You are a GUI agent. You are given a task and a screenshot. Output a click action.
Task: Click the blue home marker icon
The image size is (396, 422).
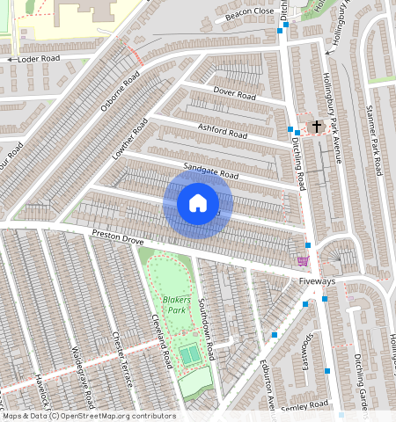coord(198,204)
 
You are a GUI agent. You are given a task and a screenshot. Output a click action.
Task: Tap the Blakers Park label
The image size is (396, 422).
coord(176,304)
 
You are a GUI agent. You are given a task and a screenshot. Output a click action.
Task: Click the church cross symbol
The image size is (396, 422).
coord(317,127)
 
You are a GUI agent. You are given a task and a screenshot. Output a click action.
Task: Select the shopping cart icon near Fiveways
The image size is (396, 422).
coord(304,261)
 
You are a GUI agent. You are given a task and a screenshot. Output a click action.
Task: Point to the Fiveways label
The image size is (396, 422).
coord(317,281)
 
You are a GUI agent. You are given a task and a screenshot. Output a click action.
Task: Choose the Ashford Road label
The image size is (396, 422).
coord(223,132)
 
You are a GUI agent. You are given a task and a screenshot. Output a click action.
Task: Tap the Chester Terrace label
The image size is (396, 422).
coord(121,360)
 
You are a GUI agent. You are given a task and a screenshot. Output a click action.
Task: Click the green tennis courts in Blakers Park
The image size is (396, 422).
coord(190,354)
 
